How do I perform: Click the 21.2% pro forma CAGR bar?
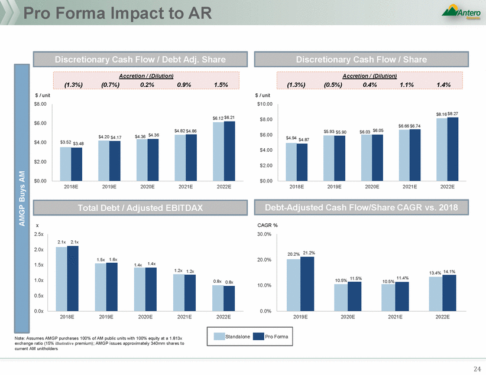click(x=307, y=283)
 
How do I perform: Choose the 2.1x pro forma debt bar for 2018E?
click(x=73, y=278)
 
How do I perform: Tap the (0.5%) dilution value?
click(x=333, y=85)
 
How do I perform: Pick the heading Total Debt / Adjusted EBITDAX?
click(x=140, y=207)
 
